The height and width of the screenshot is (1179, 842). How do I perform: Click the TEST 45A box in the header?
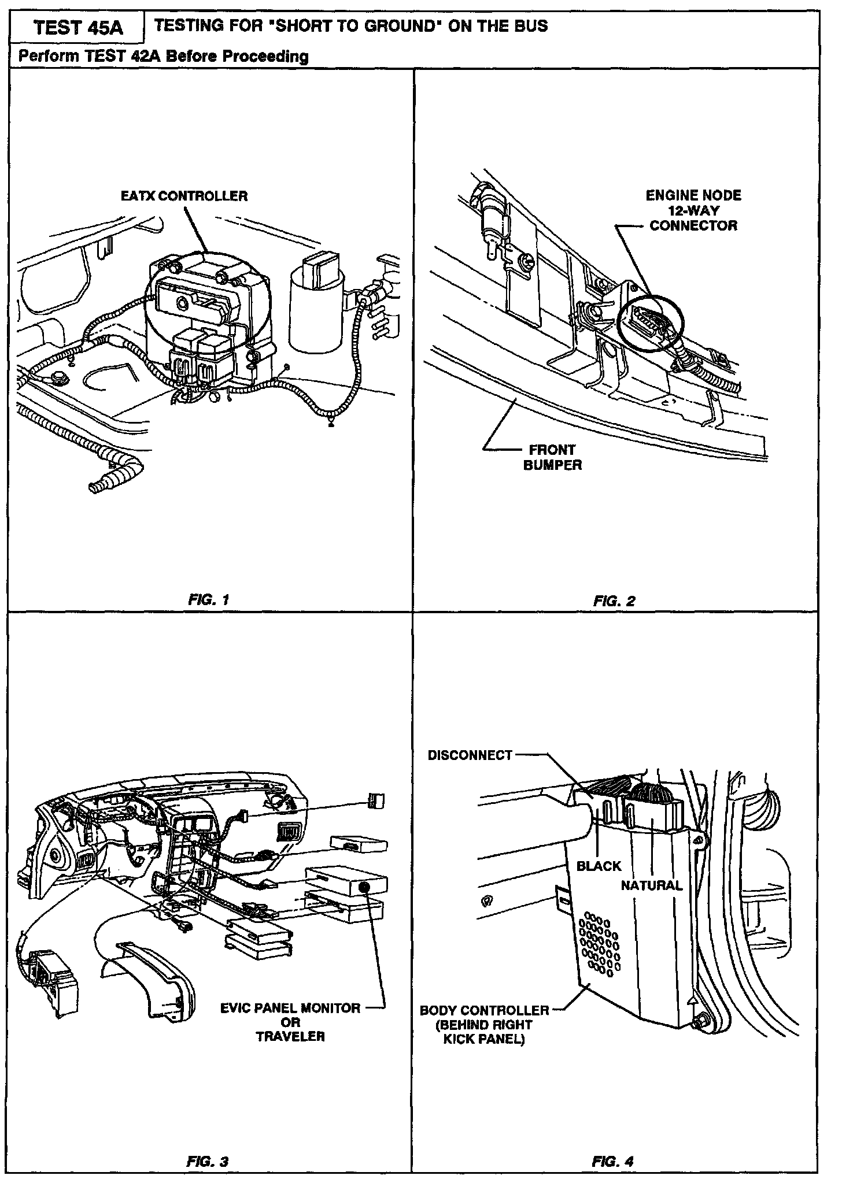click(x=79, y=28)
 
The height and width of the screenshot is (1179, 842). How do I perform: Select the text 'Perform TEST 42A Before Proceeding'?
click(x=164, y=56)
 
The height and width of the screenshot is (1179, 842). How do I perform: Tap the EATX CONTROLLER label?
click(x=184, y=196)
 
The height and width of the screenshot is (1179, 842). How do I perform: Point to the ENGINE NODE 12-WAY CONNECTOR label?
click(x=693, y=210)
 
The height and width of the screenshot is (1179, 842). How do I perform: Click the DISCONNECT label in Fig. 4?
click(x=470, y=755)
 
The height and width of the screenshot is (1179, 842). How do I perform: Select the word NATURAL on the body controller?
click(x=652, y=885)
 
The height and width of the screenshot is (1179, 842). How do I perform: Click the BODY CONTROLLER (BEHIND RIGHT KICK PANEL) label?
click(x=485, y=1025)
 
